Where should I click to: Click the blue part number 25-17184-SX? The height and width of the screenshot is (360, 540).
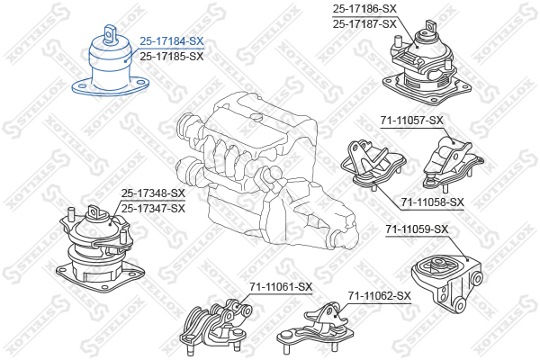point(172,41)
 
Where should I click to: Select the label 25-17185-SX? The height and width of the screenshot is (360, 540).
point(172,56)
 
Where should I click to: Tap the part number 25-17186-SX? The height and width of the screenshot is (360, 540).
point(364,9)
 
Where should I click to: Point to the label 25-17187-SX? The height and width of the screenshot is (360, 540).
point(364,23)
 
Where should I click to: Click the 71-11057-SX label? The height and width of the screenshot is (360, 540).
point(412,121)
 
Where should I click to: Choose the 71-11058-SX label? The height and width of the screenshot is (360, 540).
point(432,202)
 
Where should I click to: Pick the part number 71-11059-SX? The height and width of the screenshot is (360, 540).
point(417,229)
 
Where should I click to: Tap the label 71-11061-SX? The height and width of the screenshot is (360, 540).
point(281,286)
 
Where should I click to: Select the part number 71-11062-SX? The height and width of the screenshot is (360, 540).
point(379,295)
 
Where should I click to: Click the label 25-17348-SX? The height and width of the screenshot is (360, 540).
point(153,193)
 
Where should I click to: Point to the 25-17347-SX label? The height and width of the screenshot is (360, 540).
point(153,209)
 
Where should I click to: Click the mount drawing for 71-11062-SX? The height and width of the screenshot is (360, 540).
point(315,328)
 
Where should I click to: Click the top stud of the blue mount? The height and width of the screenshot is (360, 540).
point(110,34)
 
